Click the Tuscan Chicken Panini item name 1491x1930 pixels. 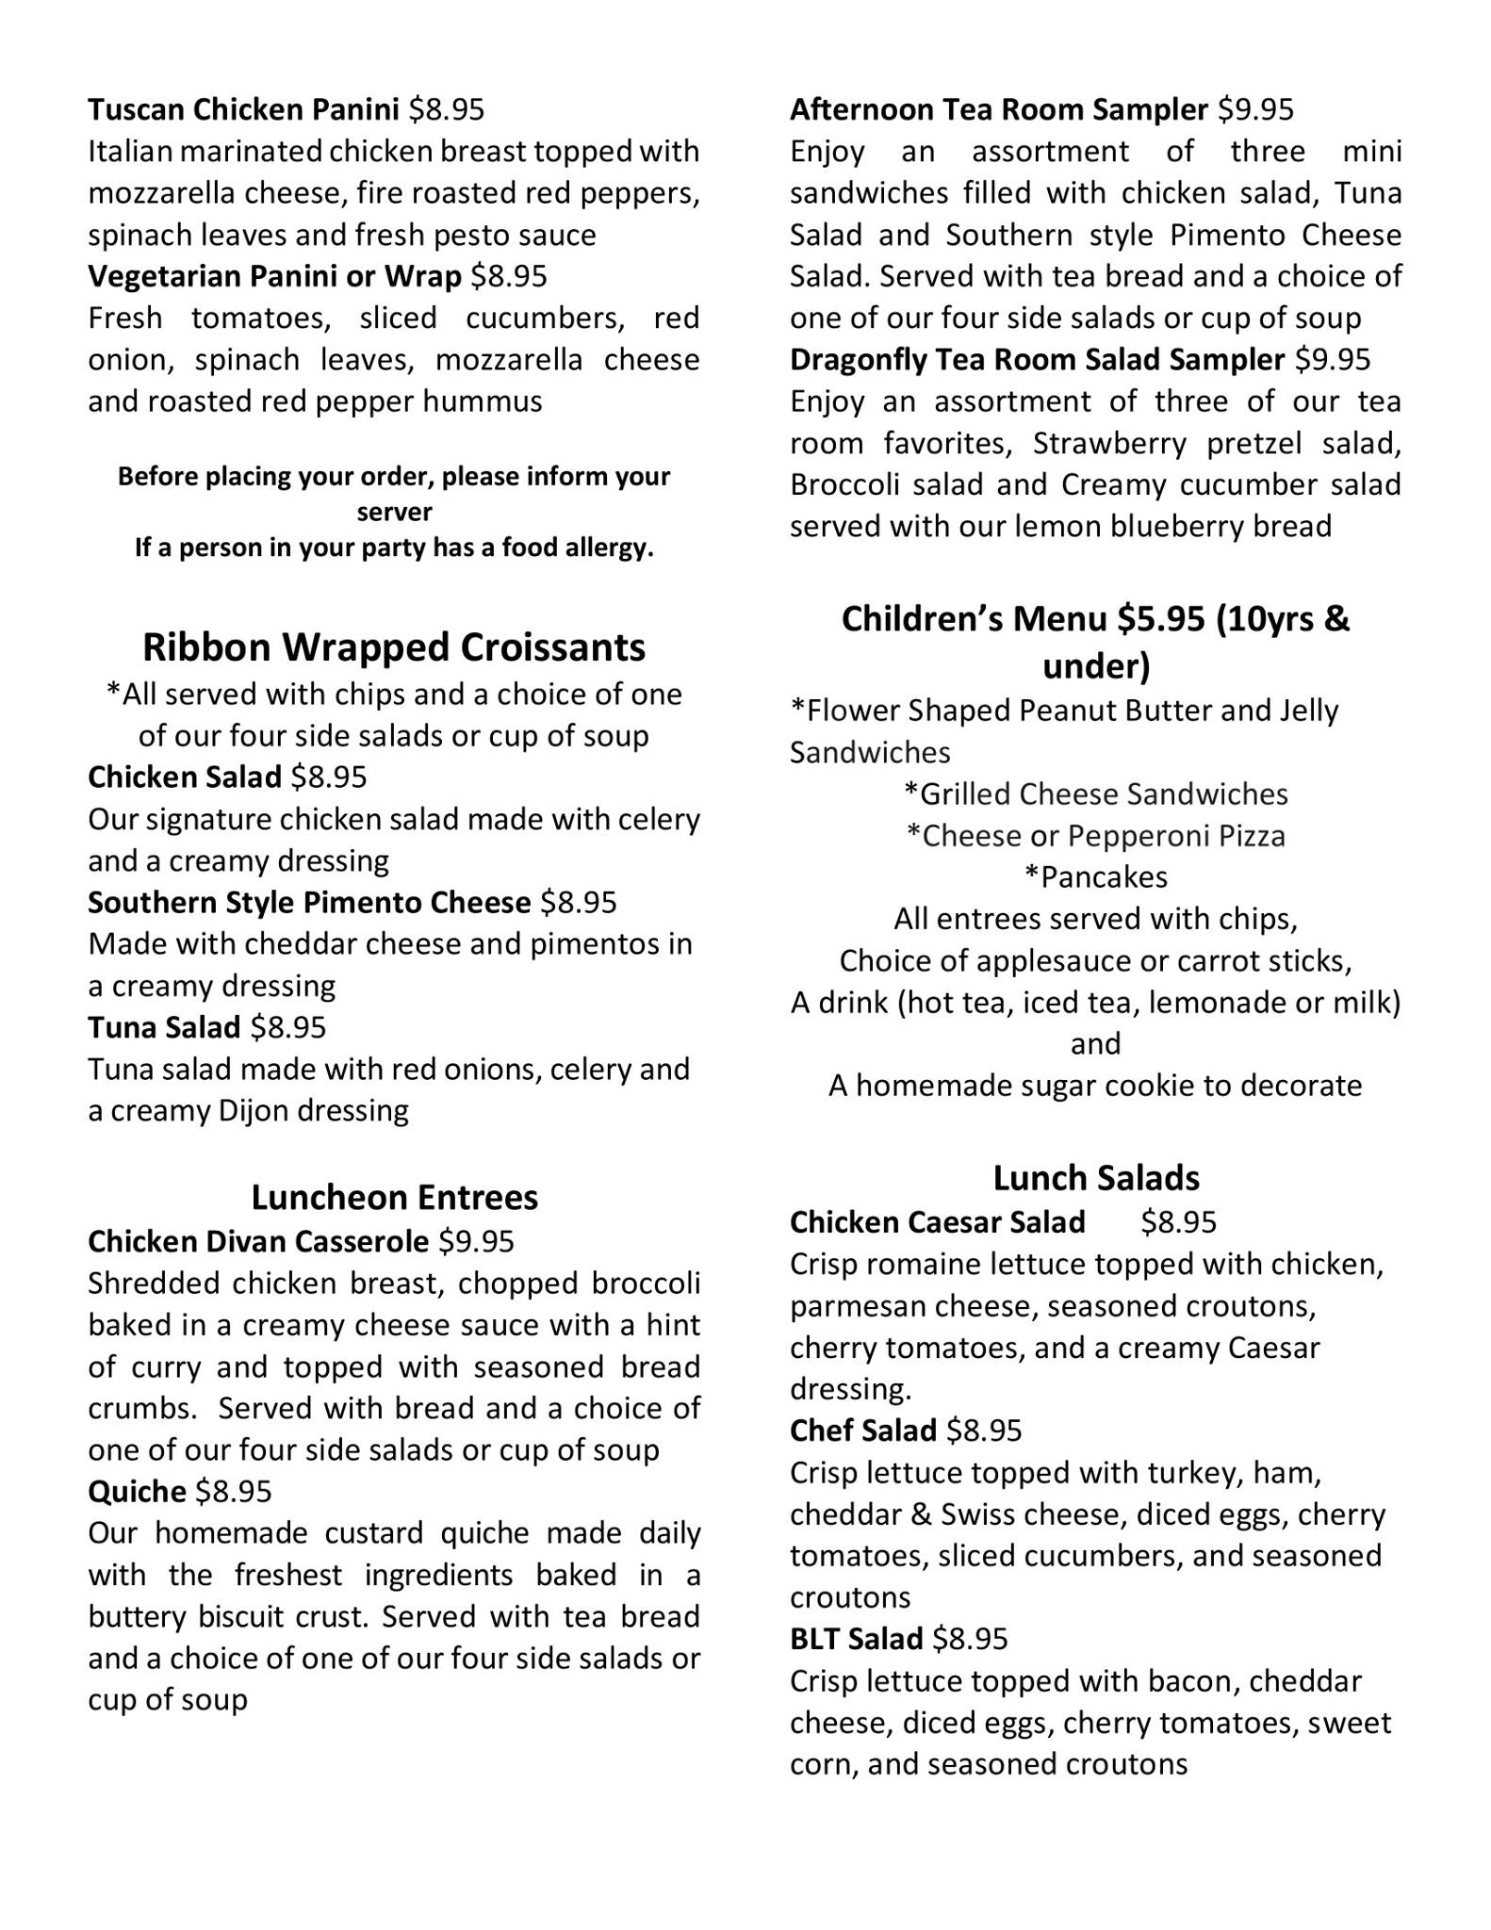[244, 110]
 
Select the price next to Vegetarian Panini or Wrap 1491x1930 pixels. [509, 276]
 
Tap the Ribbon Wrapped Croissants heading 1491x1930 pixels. [394, 646]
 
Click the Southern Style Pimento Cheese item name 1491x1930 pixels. [309, 903]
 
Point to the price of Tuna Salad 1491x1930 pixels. [288, 1027]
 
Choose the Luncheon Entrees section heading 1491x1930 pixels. [394, 1197]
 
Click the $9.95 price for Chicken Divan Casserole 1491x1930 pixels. [477, 1241]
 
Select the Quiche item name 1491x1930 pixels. [137, 1491]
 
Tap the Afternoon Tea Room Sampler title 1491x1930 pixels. [999, 110]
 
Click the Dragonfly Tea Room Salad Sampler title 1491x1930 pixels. [1037, 359]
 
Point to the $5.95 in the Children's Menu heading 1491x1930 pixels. [1161, 619]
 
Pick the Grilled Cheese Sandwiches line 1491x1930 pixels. [1096, 793]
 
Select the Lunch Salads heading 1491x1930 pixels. [1096, 1178]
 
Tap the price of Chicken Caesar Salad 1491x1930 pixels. [1179, 1222]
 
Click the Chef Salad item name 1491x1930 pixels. [862, 1431]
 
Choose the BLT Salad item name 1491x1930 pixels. [856, 1638]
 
